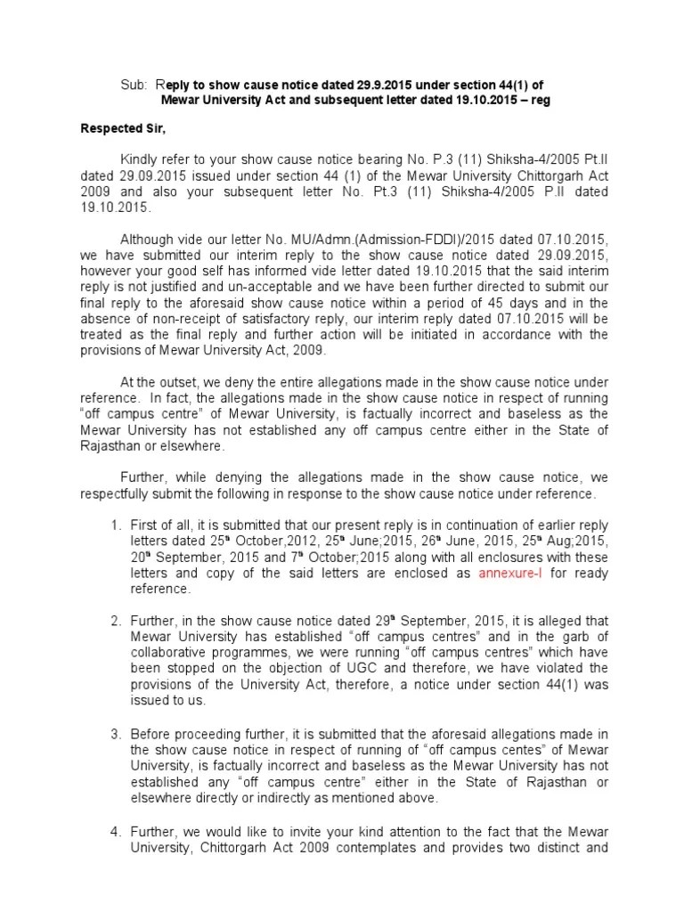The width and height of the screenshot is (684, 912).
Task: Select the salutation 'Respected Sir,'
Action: (121, 128)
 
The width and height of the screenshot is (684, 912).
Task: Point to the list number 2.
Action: (116, 619)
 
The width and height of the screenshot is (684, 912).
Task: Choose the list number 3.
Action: (116, 733)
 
